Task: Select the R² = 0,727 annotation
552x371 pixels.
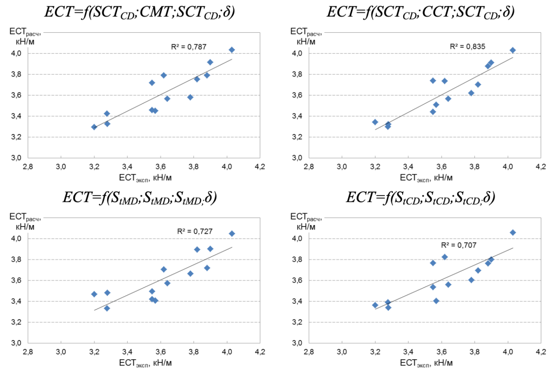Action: [195, 232]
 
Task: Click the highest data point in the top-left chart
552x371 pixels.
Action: [232, 50]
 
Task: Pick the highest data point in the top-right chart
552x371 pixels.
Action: [513, 50]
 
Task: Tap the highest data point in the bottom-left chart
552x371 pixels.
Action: [232, 234]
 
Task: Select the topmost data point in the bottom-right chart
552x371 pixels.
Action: [513, 233]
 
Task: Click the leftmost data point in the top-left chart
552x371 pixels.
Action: [94, 127]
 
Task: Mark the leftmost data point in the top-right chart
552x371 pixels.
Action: [375, 122]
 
